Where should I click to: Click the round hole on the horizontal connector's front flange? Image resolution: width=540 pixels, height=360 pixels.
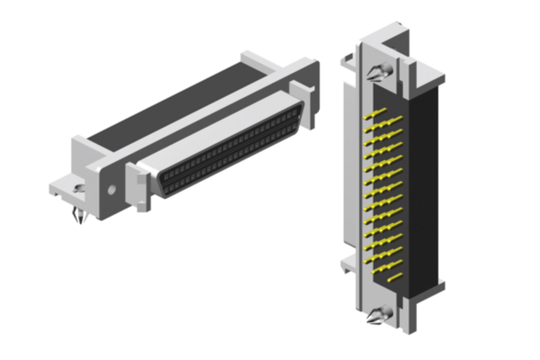[x=111, y=191]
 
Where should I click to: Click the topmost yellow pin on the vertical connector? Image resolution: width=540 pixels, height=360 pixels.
[x=375, y=112]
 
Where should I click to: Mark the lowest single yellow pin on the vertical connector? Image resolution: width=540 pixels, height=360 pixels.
[x=395, y=277]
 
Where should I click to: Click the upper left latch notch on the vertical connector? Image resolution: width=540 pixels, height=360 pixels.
[x=349, y=59]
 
